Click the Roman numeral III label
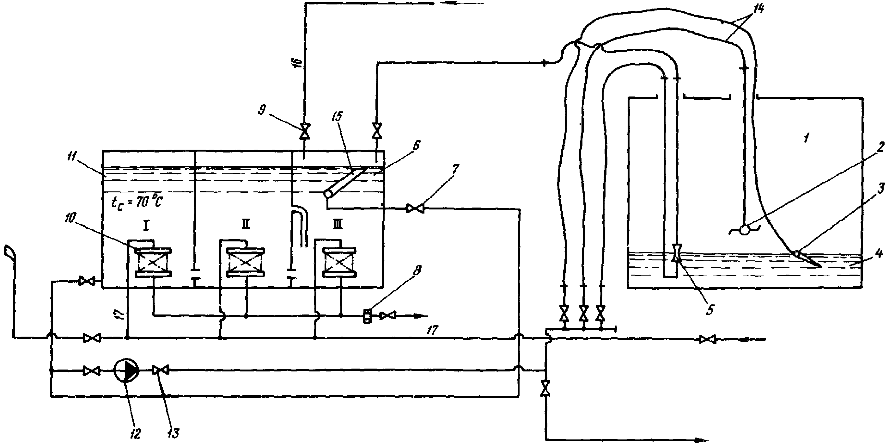click(338, 225)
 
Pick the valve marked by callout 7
click(415, 208)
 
